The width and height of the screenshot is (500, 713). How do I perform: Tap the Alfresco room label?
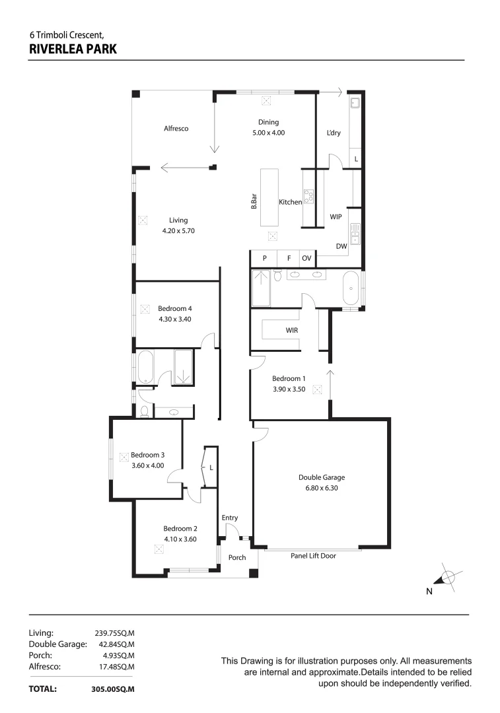[x=176, y=129]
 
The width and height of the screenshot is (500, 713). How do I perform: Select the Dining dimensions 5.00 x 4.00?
[x=268, y=133]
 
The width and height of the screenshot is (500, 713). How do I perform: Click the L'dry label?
[x=334, y=133]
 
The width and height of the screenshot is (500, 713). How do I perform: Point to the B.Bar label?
[x=254, y=202]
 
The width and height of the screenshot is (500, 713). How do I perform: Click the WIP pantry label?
[x=335, y=216]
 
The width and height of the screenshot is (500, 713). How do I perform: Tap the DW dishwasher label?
[x=341, y=246]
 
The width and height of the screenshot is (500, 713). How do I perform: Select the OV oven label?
[x=306, y=258]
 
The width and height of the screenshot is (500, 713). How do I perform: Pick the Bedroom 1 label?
[x=289, y=378]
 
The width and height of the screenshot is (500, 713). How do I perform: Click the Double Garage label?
[x=322, y=477]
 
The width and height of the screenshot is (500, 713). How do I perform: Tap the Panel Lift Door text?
[x=313, y=556]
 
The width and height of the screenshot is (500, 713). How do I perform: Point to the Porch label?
[x=237, y=558]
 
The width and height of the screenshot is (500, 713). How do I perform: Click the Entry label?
[x=230, y=518]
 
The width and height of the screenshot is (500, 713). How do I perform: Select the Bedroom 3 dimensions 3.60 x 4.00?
[x=147, y=465]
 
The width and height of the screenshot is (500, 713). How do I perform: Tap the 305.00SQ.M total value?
[x=113, y=689]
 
